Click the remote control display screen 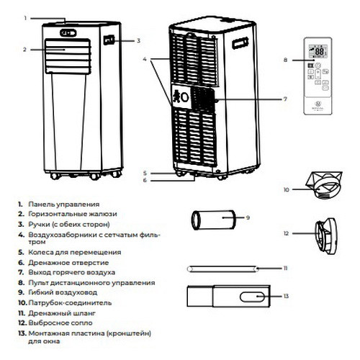tap(317, 53)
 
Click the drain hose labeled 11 tap(224, 268)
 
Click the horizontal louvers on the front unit tap(68, 56)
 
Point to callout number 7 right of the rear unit tap(284, 99)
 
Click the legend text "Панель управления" tap(68, 205)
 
